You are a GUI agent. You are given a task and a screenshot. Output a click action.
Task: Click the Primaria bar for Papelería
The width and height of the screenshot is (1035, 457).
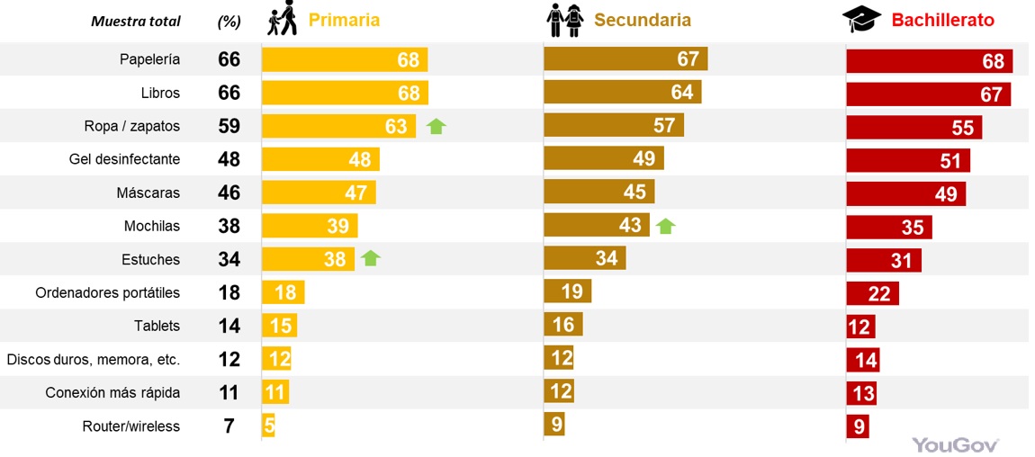coord(345,60)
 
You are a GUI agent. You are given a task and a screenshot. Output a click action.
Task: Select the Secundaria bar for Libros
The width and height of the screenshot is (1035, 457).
coord(623,93)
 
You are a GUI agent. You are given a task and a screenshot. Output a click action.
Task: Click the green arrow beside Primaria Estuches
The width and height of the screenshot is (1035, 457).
coord(371,259)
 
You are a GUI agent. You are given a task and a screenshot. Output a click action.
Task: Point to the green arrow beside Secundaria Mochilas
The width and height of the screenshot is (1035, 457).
coord(665,225)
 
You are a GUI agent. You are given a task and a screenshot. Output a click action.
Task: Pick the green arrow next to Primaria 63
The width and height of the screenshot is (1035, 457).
coord(436,126)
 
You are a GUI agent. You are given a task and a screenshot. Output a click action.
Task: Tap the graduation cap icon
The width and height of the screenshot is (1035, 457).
coord(861,19)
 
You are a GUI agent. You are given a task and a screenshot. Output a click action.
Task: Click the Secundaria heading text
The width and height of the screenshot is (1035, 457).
coord(643,20)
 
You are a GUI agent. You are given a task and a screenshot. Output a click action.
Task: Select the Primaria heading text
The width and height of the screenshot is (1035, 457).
coord(344,20)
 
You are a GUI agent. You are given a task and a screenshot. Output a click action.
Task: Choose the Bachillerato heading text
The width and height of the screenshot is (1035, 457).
coord(943,20)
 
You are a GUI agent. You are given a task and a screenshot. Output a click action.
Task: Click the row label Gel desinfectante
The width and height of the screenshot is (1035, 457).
coord(124,159)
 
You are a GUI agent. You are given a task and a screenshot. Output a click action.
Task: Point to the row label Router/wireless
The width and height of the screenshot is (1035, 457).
coord(130,426)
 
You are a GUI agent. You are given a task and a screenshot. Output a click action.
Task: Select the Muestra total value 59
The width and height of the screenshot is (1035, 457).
coord(229,126)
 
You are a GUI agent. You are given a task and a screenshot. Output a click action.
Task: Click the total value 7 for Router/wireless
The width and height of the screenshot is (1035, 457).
coord(229,426)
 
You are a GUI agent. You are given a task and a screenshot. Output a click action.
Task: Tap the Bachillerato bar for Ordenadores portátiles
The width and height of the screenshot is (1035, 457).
coord(872,293)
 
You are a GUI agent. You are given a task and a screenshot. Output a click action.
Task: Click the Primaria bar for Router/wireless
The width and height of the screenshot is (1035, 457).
coord(268,426)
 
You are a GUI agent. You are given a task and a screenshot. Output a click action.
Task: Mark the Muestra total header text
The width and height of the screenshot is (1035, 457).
coord(136,22)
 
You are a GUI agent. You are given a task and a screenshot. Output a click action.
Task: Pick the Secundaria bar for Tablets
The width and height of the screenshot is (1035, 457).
coord(563,325)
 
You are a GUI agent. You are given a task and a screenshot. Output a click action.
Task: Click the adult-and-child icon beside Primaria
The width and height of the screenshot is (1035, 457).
coord(283,19)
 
